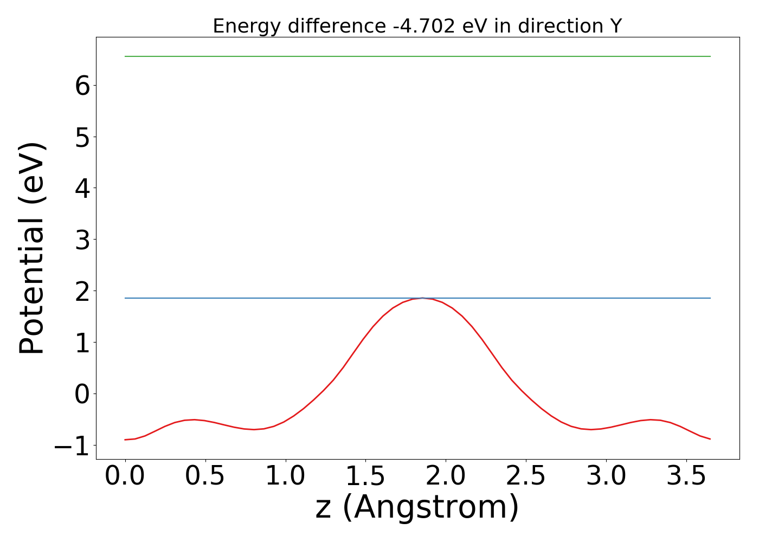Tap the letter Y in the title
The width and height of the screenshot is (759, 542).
[x=615, y=26]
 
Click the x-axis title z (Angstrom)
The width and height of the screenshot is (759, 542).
[x=417, y=507]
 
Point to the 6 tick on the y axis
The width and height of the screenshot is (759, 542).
[x=82, y=86]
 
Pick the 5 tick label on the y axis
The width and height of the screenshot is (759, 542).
[x=82, y=137]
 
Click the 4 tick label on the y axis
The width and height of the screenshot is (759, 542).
[x=82, y=188]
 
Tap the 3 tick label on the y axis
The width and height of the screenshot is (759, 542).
[x=82, y=240]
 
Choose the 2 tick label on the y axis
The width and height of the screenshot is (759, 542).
[x=82, y=291]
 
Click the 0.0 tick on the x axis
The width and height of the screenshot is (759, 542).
[x=125, y=476]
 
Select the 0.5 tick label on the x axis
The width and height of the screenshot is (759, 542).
[x=205, y=476]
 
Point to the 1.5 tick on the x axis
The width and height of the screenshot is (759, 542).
[x=365, y=476]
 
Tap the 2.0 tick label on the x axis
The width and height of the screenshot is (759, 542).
[x=446, y=476]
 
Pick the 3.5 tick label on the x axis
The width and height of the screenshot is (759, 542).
[x=686, y=476]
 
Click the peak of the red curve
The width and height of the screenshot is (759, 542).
[x=422, y=298]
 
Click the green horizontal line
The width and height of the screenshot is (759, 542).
[x=417, y=56]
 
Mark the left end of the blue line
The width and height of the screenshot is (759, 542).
[x=125, y=298]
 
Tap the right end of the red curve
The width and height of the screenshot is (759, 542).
[x=710, y=439]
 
